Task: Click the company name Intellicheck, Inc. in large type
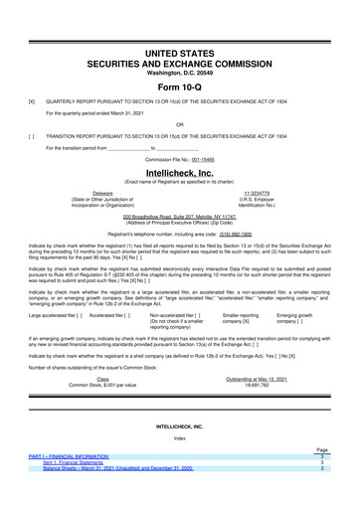tap(180, 172)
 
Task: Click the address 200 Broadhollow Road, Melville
tap(180, 216)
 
